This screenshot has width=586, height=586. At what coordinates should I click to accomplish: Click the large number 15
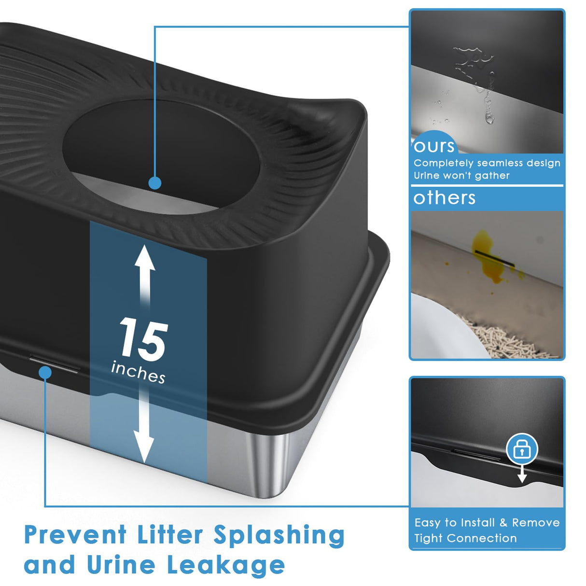point(144,339)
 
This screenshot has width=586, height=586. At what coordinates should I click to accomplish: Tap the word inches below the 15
point(138,372)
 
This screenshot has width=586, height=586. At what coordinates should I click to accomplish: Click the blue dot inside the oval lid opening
point(155,183)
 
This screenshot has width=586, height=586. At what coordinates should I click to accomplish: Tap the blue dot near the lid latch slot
point(45,372)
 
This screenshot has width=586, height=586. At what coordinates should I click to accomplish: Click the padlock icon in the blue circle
point(522,450)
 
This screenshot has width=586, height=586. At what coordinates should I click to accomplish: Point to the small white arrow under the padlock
point(522,476)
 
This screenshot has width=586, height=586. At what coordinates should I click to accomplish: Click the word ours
point(434,146)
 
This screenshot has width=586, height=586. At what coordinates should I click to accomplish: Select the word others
point(445,198)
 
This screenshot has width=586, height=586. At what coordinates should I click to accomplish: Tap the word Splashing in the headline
point(279,535)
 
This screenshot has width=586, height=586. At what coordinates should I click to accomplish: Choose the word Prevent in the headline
point(75,535)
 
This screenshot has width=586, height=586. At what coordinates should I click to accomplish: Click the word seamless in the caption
point(500,163)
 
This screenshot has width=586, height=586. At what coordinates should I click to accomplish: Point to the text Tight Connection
point(465,538)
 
